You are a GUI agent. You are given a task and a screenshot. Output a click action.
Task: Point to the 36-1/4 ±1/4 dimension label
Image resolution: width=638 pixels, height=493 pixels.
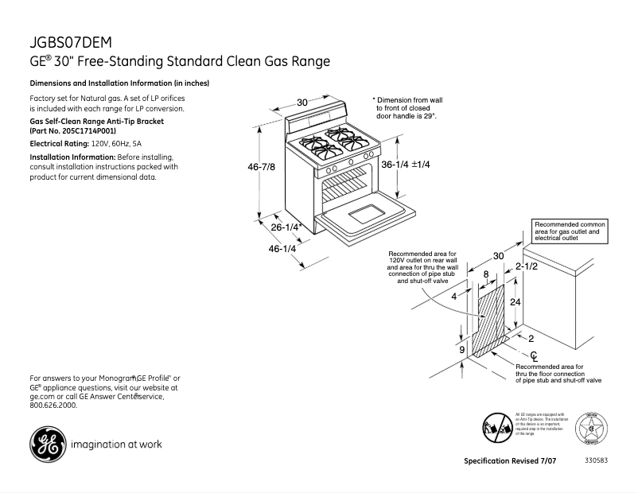tap(405, 165)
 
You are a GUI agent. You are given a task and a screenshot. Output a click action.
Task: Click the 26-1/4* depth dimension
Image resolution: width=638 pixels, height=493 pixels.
tap(285, 227)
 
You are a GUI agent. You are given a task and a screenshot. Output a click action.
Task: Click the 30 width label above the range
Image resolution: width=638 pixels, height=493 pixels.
tap(302, 102)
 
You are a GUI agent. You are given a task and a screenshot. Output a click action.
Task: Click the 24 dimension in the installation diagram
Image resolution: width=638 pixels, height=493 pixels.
tap(515, 303)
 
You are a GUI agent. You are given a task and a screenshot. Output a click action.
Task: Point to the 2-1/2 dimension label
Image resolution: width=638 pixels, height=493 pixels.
tap(527, 266)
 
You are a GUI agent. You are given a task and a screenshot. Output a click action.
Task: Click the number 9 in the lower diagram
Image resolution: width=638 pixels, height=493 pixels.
tap(461, 349)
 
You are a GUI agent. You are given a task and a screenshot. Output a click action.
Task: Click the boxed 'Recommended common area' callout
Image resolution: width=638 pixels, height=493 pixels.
tap(569, 231)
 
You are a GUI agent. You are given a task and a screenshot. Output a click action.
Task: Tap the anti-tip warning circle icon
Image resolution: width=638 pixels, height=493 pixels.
tap(496, 430)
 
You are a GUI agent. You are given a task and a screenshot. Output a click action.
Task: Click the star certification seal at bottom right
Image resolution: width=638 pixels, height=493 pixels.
tap(592, 429)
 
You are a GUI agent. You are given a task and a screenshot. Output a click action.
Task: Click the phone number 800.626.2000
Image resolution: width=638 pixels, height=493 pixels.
tap(53, 405)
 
